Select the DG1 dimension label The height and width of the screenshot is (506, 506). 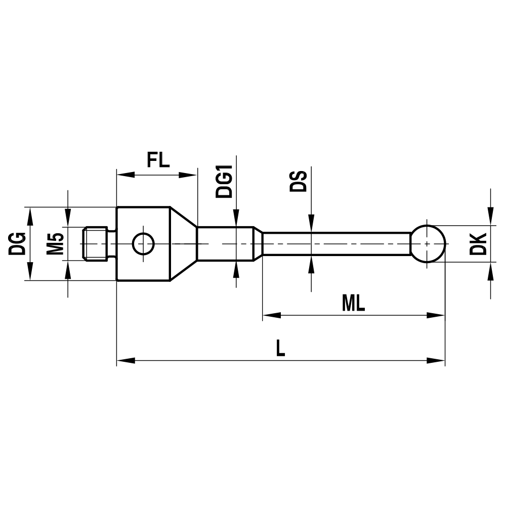pos(224,181)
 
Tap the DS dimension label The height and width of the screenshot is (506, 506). pos(299,181)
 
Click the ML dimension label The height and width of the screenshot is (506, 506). pos(353,304)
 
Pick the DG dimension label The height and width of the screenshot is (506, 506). pos(17,244)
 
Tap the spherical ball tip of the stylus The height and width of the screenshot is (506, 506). pos(428,244)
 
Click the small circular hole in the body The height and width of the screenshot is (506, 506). pos(143,244)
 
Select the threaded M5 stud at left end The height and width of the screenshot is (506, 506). pos(96,244)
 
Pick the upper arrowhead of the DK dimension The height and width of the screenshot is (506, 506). pos(490,218)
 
